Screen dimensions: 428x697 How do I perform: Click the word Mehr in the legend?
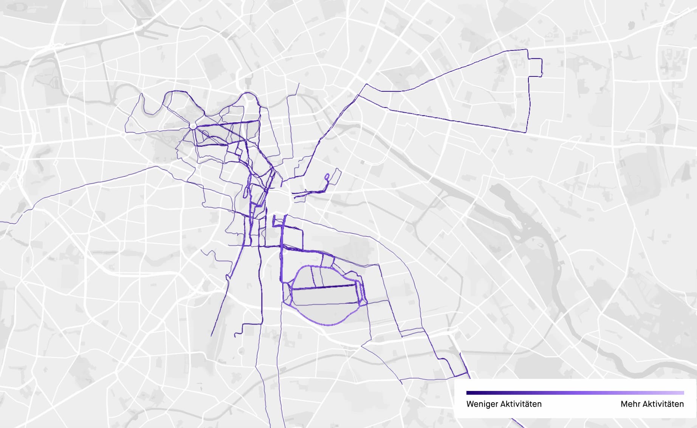click(630, 404)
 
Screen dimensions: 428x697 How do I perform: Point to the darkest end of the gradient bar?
click(468, 393)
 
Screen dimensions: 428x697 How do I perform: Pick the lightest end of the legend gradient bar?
click(683, 393)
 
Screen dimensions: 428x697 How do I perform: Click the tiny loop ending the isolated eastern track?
click(327, 176)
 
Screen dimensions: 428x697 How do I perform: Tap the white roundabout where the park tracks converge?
click(193, 126)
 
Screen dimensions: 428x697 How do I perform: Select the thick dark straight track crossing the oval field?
click(325, 288)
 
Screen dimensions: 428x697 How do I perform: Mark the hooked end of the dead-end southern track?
click(235, 335)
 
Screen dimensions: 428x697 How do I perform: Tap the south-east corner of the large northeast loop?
click(526, 132)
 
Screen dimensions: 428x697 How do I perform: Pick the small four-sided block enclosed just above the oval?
click(328, 261)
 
